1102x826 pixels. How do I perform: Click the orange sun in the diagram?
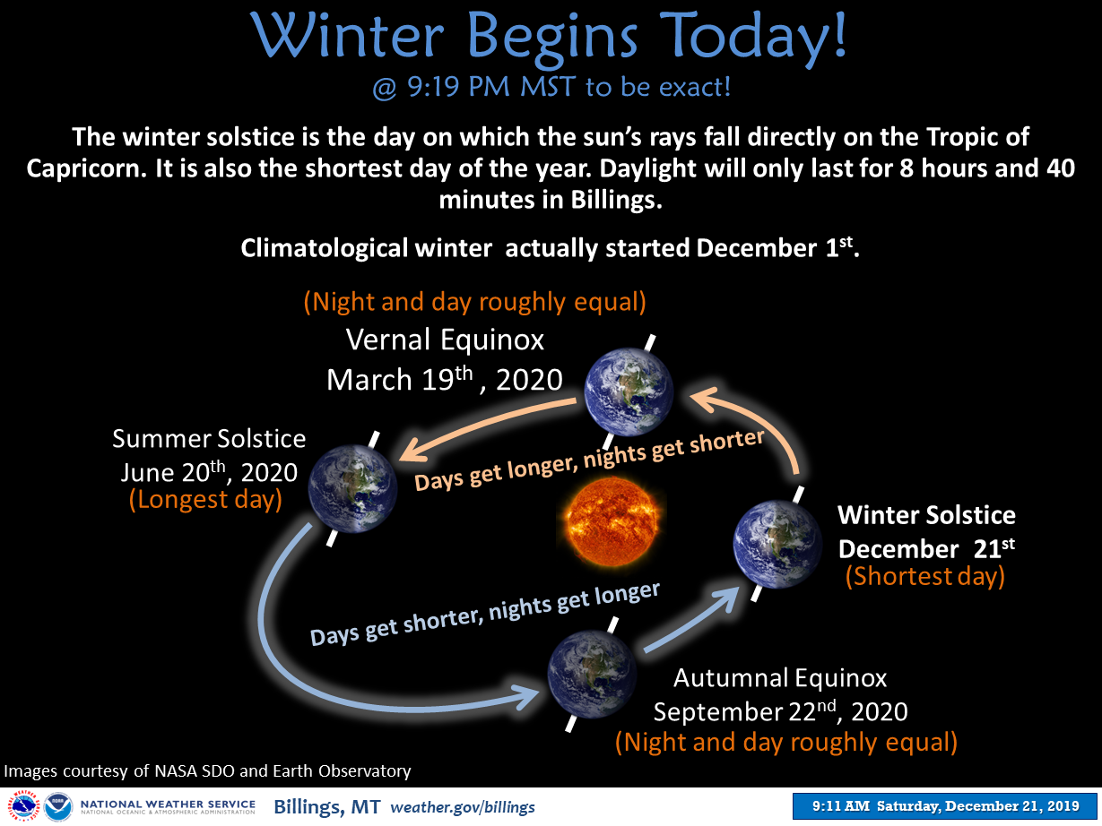click(612, 521)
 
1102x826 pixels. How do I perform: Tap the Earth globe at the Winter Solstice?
click(777, 544)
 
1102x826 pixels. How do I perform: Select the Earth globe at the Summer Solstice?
click(353, 488)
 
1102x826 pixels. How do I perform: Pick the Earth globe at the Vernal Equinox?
click(629, 391)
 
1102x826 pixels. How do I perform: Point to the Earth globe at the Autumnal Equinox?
click(592, 674)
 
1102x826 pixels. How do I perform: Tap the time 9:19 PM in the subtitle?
click(458, 86)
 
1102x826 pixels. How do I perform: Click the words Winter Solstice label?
click(926, 515)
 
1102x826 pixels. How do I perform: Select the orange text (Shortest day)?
click(925, 576)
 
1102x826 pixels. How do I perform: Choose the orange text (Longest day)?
click(205, 500)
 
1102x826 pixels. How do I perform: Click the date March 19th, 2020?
click(445, 380)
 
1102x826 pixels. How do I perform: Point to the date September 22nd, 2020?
click(780, 711)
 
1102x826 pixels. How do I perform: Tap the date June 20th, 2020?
click(209, 472)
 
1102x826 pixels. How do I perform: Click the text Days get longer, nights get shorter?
click(589, 460)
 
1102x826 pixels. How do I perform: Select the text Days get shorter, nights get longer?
click(484, 614)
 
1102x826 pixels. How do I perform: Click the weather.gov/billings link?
click(463, 807)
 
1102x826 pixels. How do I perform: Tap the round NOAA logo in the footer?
click(58, 806)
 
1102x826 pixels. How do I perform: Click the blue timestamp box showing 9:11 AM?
click(945, 806)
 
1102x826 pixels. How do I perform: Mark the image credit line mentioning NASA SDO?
click(207, 770)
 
